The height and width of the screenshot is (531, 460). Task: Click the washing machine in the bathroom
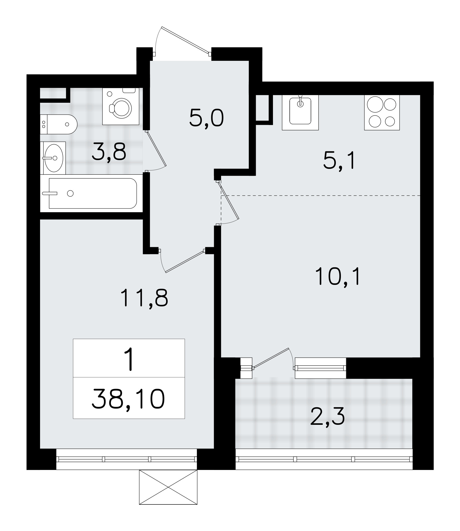(121, 106)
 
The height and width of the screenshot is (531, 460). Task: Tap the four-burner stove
(382, 112)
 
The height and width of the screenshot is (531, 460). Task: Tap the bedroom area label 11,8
(144, 298)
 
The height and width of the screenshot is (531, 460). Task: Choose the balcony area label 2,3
(328, 416)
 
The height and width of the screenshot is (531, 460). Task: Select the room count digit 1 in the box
(129, 360)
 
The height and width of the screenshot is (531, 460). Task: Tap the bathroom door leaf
(157, 149)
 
